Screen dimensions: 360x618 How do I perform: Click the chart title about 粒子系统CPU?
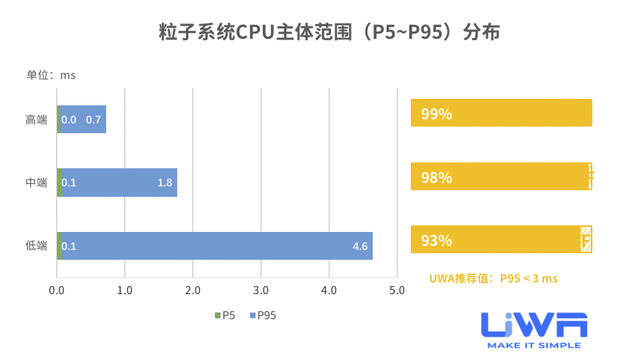tap(308, 33)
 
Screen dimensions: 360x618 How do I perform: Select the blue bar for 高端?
tap(83, 119)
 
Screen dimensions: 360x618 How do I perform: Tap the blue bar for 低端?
tap(216, 246)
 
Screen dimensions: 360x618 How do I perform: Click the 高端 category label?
tap(36, 119)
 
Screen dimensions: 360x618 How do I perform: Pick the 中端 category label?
tap(36, 182)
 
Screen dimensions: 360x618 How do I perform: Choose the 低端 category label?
tap(36, 246)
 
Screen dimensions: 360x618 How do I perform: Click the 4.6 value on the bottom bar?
tap(360, 246)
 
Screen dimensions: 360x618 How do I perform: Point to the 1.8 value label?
tap(165, 182)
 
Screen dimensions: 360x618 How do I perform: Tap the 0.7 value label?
tap(94, 119)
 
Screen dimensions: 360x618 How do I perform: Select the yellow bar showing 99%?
tap(501, 113)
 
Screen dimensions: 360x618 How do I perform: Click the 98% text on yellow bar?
tap(436, 178)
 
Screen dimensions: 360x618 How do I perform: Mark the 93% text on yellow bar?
tap(436, 240)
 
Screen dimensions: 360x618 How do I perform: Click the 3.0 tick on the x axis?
tap(261, 290)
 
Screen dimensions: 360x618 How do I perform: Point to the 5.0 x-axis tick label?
tap(397, 290)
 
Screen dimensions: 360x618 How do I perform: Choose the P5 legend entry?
tap(225, 315)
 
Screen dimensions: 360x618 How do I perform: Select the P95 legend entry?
tap(263, 315)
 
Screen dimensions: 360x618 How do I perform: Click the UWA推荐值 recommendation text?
tap(494, 278)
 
